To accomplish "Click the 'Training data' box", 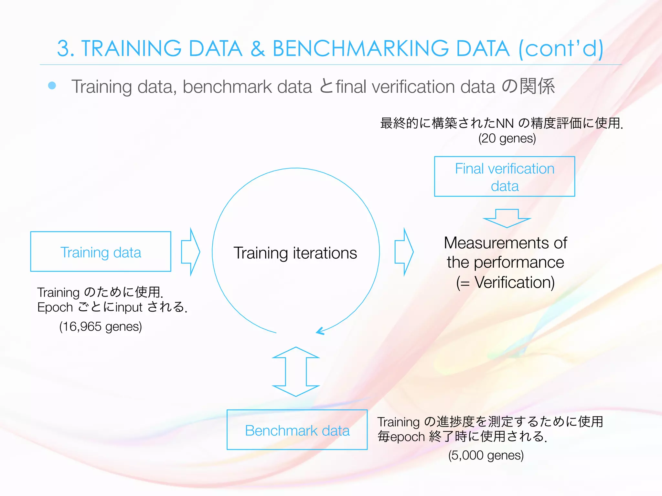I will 101,252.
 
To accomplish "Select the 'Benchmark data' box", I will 297,430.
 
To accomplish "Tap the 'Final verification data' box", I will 504,177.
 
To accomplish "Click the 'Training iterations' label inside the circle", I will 295,253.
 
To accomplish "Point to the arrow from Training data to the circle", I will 191,252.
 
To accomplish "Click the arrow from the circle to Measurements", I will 404,252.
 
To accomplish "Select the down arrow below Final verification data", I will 507,218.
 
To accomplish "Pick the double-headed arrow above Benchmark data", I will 296,372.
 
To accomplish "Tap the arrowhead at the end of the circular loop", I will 320,331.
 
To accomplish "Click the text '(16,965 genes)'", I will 101,326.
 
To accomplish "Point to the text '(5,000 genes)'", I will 486,455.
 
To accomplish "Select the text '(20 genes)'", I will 507,138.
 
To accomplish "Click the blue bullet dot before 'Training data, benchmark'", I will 52,86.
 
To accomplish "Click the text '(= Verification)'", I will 505,282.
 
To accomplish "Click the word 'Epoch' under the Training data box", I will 55,307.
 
